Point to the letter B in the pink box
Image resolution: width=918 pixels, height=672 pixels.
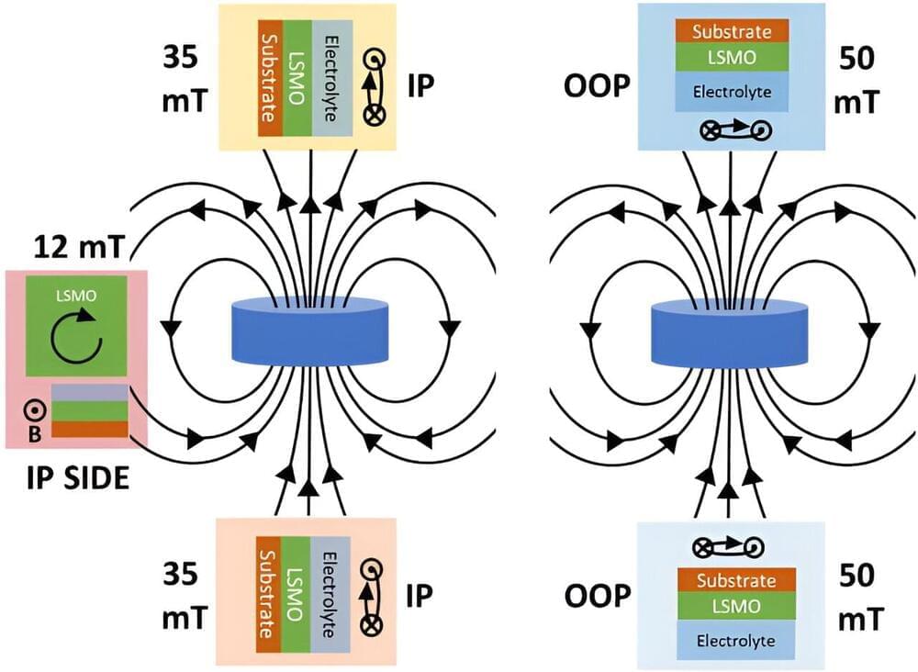(x=34, y=433)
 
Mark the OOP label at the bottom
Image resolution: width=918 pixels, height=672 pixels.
(x=595, y=597)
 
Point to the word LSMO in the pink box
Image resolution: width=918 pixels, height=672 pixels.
(x=76, y=297)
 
